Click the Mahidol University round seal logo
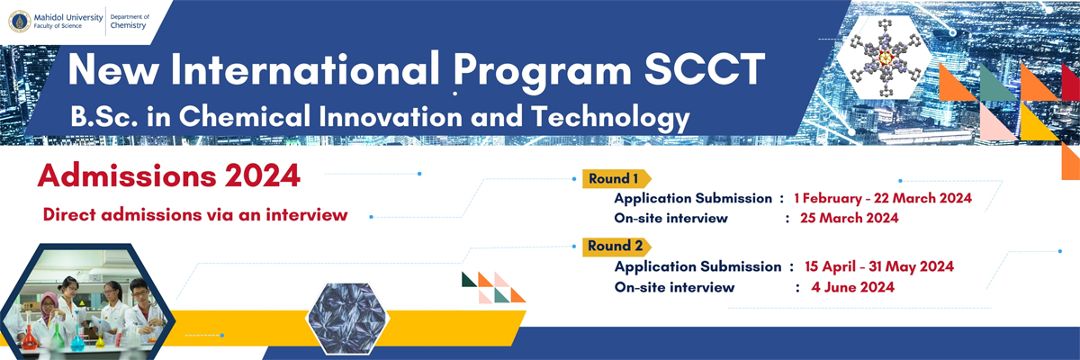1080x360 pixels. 20,22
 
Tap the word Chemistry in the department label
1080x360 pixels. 128,25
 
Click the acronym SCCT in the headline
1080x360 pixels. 705,70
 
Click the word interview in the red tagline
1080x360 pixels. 307,214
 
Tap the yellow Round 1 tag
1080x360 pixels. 616,179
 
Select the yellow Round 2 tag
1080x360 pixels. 616,247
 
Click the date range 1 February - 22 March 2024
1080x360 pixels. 883,198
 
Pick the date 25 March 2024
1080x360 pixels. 850,218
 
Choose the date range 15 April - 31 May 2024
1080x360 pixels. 879,266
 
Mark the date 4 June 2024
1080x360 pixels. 852,287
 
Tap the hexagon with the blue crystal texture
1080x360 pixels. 347,319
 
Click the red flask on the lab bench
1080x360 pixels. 29,339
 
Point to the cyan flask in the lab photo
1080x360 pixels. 77,340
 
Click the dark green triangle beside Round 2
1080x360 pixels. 468,281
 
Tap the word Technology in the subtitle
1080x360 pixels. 610,118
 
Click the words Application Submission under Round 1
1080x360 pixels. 693,199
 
